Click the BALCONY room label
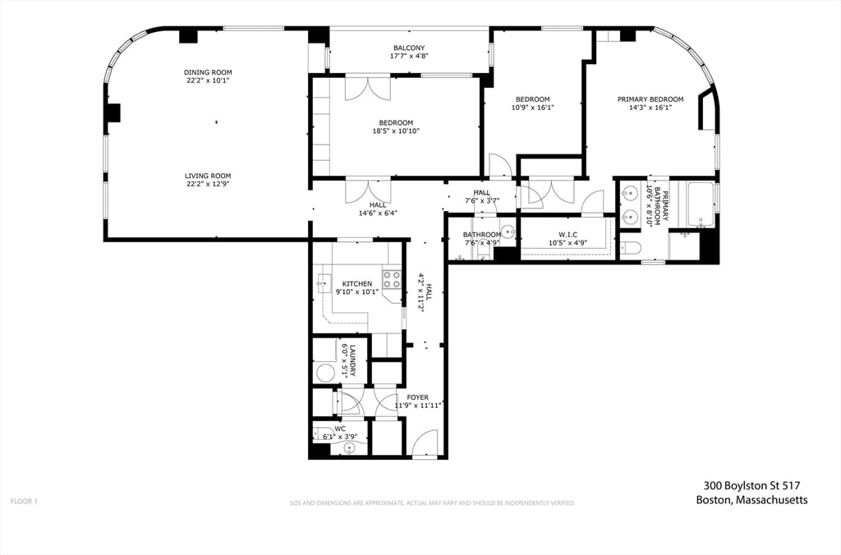(x=409, y=47)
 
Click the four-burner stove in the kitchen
(x=392, y=280)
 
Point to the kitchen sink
(x=320, y=283)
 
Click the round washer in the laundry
(x=323, y=372)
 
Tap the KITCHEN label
(x=357, y=283)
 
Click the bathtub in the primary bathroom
(x=701, y=204)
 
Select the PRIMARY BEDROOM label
(x=645, y=99)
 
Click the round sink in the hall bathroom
(x=508, y=232)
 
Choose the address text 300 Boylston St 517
(x=751, y=485)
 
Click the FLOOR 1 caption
(x=24, y=501)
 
